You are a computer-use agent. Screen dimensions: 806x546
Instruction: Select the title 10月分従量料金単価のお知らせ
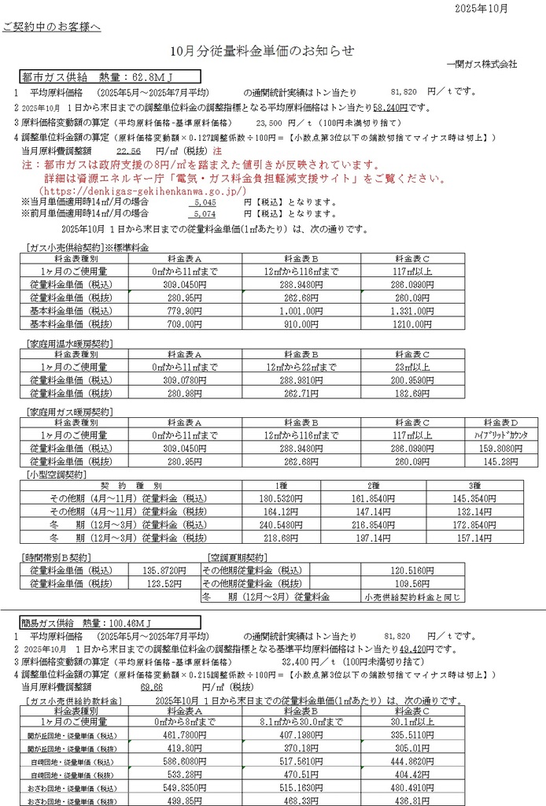pos(262,50)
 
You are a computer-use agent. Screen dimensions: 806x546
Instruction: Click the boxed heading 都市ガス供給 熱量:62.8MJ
pos(109,77)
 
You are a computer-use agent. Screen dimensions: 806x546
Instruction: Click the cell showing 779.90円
pos(184,312)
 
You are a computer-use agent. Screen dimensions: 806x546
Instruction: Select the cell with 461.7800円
pos(184,734)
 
